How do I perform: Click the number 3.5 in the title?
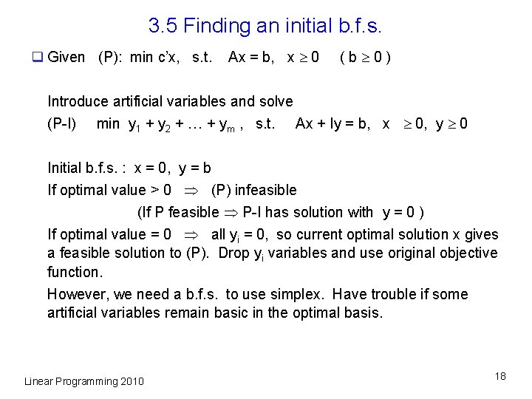(x=163, y=27)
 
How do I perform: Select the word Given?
(x=66, y=58)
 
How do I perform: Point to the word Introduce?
(x=78, y=101)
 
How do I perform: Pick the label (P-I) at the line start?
(x=62, y=123)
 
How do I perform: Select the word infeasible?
(x=265, y=190)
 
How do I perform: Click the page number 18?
(x=501, y=376)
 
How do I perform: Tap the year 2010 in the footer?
(x=132, y=381)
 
